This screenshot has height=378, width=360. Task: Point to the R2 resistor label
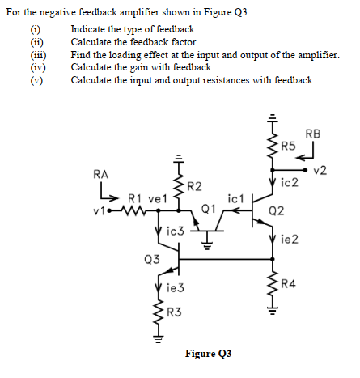pos(194,188)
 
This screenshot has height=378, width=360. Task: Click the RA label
pos(101,173)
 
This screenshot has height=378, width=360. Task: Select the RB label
pos(313,134)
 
